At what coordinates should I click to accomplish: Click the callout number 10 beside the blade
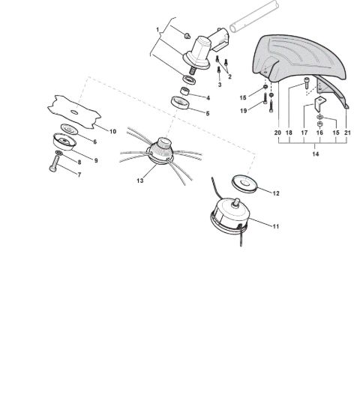[x=112, y=131]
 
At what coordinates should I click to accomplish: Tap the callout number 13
[x=140, y=181]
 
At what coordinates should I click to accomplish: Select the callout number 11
[x=275, y=226]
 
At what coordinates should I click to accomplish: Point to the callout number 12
[x=275, y=193]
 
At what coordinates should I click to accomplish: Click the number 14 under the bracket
[x=316, y=154]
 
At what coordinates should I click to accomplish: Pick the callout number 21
[x=347, y=133]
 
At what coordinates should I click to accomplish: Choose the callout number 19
[x=244, y=111]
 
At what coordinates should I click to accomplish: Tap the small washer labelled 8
[x=59, y=153]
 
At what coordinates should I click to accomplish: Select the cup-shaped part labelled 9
[x=64, y=142]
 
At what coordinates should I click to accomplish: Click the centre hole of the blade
[x=74, y=112]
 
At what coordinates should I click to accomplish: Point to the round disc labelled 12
[x=244, y=184]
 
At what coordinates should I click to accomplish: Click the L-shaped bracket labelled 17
[x=320, y=104]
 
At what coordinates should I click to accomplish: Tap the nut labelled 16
[x=319, y=124]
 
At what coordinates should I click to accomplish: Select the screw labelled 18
[x=307, y=82]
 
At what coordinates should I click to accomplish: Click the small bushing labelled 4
[x=185, y=91]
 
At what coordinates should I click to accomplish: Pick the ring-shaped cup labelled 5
[x=180, y=103]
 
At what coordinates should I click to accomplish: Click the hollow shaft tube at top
[x=254, y=16]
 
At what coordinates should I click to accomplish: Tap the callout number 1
[x=157, y=30]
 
